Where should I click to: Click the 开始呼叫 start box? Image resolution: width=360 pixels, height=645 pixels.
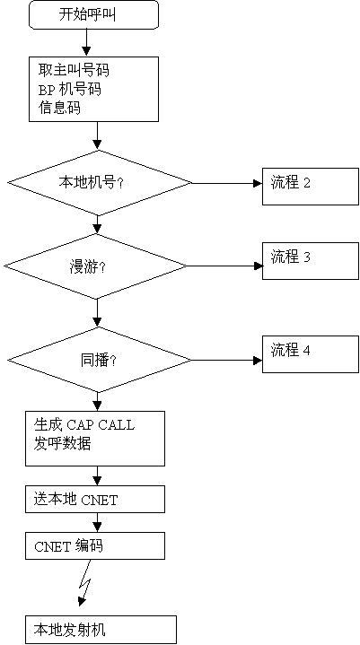(93, 15)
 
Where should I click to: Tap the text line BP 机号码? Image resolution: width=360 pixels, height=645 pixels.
(69, 90)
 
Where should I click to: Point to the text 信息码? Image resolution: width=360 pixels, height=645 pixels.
(59, 108)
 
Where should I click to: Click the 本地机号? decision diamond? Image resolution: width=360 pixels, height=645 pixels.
(100, 183)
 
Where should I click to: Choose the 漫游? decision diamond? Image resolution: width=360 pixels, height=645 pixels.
(95, 266)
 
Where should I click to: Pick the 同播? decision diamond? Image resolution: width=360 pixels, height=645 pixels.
(99, 360)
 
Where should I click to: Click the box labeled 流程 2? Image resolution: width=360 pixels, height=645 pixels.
(311, 187)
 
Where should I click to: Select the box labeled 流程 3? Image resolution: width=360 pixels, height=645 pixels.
(311, 261)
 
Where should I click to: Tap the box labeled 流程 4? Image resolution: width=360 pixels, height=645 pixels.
(311, 354)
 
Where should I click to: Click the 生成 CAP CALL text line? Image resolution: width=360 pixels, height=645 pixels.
(83, 425)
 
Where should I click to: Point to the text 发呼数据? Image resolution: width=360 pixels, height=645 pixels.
(62, 444)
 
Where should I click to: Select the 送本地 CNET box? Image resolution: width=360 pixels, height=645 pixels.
(95, 499)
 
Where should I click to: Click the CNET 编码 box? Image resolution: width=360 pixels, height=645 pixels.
(95, 545)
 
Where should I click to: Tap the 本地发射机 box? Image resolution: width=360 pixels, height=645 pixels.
(101, 630)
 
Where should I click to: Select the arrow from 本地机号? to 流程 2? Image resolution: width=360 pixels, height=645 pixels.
(227, 183)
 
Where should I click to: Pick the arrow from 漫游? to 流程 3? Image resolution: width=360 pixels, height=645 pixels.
(224, 266)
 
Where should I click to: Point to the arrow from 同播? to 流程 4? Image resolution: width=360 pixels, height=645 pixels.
(227, 360)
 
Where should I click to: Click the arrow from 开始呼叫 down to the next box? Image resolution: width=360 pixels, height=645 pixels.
(86, 43)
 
